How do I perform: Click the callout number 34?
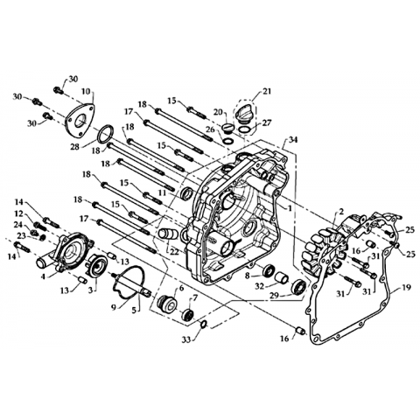pyautogui.click(x=293, y=140)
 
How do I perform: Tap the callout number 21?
pyautogui.click(x=266, y=91)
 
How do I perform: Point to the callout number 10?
pyautogui.click(x=86, y=91)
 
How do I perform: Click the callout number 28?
pyautogui.click(x=75, y=147)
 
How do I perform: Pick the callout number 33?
pyautogui.click(x=187, y=339)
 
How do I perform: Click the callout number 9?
pyautogui.click(x=114, y=307)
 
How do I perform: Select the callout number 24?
pyautogui.click(x=19, y=225)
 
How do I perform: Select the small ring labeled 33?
pyautogui.click(x=204, y=324)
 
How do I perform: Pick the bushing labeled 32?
pyautogui.click(x=282, y=277)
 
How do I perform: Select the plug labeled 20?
pyautogui.click(x=227, y=128)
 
